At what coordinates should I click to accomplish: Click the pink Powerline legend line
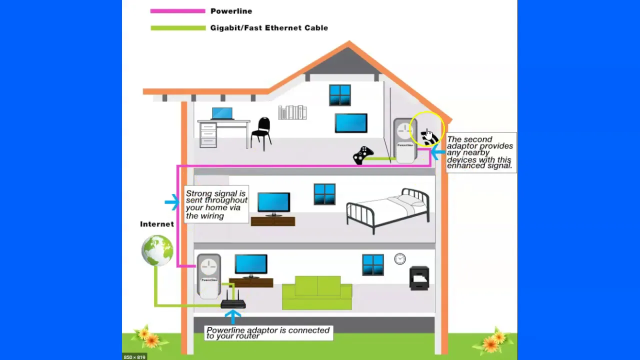tap(177, 11)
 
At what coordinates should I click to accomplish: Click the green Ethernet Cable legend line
tap(178, 28)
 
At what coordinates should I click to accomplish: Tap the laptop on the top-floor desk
tap(222, 113)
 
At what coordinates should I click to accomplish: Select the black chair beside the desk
tap(261, 134)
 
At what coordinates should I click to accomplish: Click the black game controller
tap(363, 155)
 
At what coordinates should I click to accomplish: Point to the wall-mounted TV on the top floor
tap(351, 123)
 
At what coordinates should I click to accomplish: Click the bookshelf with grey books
tap(292, 112)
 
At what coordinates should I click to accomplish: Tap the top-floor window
tap(339, 95)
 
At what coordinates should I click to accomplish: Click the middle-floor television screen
tap(273, 202)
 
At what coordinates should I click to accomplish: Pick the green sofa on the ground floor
tap(317, 292)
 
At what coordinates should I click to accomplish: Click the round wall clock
tap(399, 259)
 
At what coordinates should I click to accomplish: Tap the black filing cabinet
tap(419, 278)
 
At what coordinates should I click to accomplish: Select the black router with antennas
tap(233, 301)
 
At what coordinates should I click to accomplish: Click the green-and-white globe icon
tap(157, 250)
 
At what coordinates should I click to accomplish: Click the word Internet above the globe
tap(157, 224)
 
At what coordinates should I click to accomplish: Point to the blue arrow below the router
tap(233, 317)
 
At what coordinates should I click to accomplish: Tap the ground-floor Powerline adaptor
tap(209, 275)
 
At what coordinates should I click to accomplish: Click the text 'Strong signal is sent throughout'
tap(216, 197)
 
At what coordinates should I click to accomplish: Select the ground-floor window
tap(373, 265)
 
